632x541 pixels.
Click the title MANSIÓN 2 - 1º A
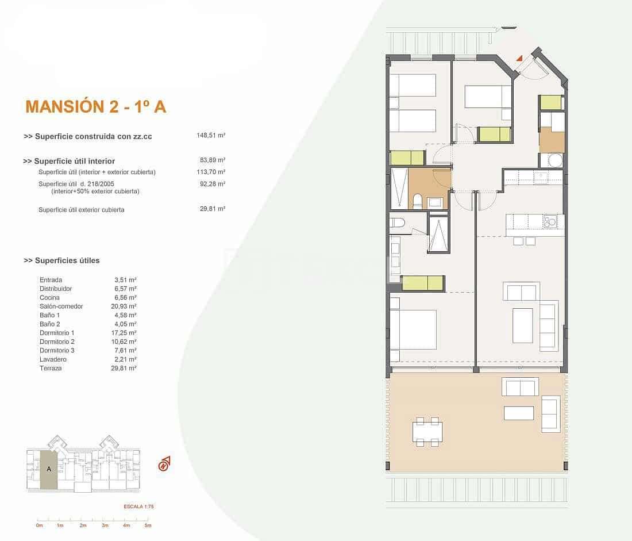96,106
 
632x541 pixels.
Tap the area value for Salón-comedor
125,306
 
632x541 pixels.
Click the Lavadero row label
52,359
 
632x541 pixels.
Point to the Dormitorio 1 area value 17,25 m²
125,333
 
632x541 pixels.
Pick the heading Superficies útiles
61,260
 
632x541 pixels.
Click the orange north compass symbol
164,463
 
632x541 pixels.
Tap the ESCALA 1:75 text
139,507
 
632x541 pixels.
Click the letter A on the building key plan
49,469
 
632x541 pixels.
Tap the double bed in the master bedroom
413,329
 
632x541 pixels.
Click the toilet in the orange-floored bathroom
418,201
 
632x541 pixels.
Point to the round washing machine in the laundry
554,160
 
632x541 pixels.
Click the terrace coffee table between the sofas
519,413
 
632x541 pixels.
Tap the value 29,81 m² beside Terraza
125,368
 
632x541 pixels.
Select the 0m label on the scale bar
39,525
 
